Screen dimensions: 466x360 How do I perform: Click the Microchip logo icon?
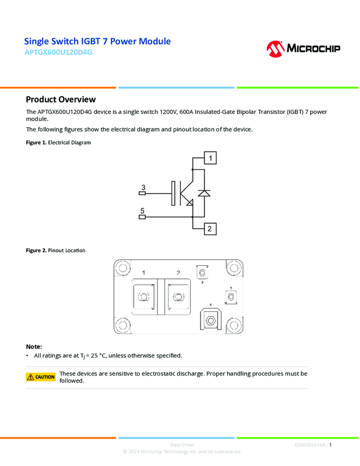tap(275, 48)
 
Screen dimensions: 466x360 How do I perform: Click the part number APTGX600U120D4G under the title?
tap(59, 53)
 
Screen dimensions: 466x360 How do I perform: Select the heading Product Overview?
tap(61, 99)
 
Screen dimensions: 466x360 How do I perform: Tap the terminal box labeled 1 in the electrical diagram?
tap(209, 158)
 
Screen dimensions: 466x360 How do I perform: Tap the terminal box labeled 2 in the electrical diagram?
tap(209, 229)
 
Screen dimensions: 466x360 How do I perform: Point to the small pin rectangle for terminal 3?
tap(142, 193)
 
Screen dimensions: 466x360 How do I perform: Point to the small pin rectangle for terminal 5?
tap(142, 217)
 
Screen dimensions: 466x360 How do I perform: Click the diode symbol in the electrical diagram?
tap(204, 193)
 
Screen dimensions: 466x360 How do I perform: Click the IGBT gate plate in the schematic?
tap(174, 193)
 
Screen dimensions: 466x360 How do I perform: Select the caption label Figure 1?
tap(36, 143)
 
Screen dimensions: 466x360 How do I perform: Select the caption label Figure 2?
tap(36, 251)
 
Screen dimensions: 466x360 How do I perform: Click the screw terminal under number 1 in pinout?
tap(143, 297)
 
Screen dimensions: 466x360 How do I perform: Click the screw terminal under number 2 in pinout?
tap(178, 297)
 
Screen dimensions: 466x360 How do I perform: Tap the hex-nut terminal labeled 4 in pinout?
tap(211, 319)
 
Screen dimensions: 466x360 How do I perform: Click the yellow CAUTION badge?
tap(41, 377)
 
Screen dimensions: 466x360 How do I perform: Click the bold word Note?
tap(34, 347)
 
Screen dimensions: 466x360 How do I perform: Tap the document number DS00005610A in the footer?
tap(310, 445)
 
